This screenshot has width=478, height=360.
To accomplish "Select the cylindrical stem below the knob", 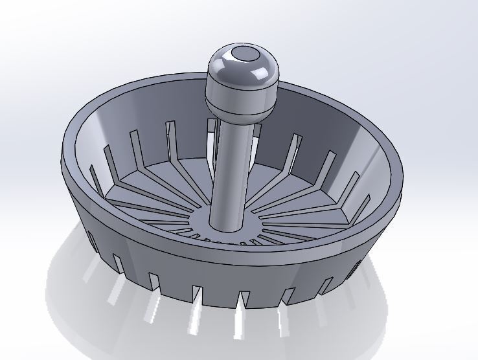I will [x=229, y=168].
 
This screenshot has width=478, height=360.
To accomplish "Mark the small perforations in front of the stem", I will [x=220, y=241].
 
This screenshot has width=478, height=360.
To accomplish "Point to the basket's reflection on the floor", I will [x=194, y=324].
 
